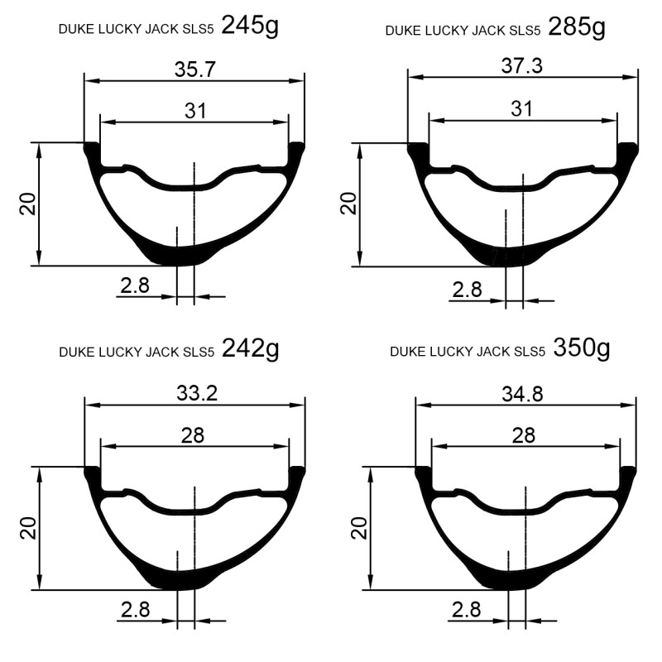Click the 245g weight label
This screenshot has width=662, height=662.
[x=250, y=26]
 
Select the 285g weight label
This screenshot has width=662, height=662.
[x=577, y=28]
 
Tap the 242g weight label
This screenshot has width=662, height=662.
[x=251, y=349]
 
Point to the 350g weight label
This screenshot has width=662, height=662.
[x=582, y=348]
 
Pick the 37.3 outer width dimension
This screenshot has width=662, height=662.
[x=522, y=66]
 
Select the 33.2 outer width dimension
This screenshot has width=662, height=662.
[x=197, y=394]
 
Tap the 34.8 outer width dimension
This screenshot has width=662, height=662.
[x=522, y=395]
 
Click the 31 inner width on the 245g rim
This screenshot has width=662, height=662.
[x=195, y=112]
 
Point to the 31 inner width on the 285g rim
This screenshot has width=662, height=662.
[x=522, y=109]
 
